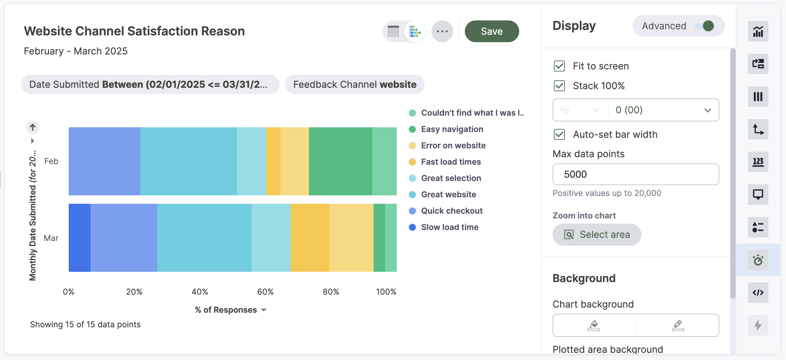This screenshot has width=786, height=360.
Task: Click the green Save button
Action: (x=492, y=31)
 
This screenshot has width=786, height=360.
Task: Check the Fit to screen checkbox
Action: (x=559, y=66)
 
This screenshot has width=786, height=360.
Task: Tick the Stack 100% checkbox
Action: (x=559, y=86)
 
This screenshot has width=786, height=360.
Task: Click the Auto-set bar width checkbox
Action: (x=559, y=134)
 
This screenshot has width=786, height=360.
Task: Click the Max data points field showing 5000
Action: (x=635, y=174)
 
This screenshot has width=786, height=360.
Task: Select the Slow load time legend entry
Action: (x=449, y=227)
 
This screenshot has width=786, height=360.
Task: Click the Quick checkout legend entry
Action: (x=452, y=211)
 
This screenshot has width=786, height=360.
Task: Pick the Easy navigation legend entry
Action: (x=452, y=129)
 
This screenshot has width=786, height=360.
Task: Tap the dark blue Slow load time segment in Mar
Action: (x=80, y=238)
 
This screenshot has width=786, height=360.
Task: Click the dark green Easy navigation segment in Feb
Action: (x=340, y=161)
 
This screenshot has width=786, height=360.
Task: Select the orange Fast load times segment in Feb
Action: (x=273, y=161)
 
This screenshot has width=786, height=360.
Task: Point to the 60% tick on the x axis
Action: (x=265, y=292)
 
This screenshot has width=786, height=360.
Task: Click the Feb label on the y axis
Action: (x=51, y=161)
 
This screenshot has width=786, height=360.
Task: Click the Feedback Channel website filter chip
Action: (x=355, y=84)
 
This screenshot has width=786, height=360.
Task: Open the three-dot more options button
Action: (x=442, y=31)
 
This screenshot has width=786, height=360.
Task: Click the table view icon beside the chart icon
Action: (x=393, y=31)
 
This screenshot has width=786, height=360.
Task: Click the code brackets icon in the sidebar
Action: (x=758, y=293)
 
